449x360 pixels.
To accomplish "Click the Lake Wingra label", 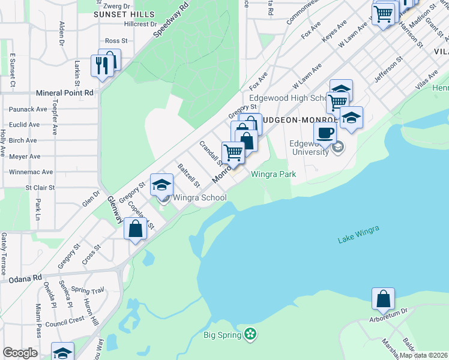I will coord(358,239).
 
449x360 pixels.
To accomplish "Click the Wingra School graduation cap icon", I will coord(161,185).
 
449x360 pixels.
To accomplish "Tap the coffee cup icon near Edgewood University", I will coord(325,133).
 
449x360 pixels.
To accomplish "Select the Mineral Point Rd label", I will coord(65,93).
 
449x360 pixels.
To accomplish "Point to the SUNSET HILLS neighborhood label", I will coord(124,14).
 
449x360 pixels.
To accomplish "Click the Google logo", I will coord(20,353).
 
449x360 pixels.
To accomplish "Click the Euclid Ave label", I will coord(24,125).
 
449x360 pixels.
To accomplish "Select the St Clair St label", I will coord(40,187).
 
